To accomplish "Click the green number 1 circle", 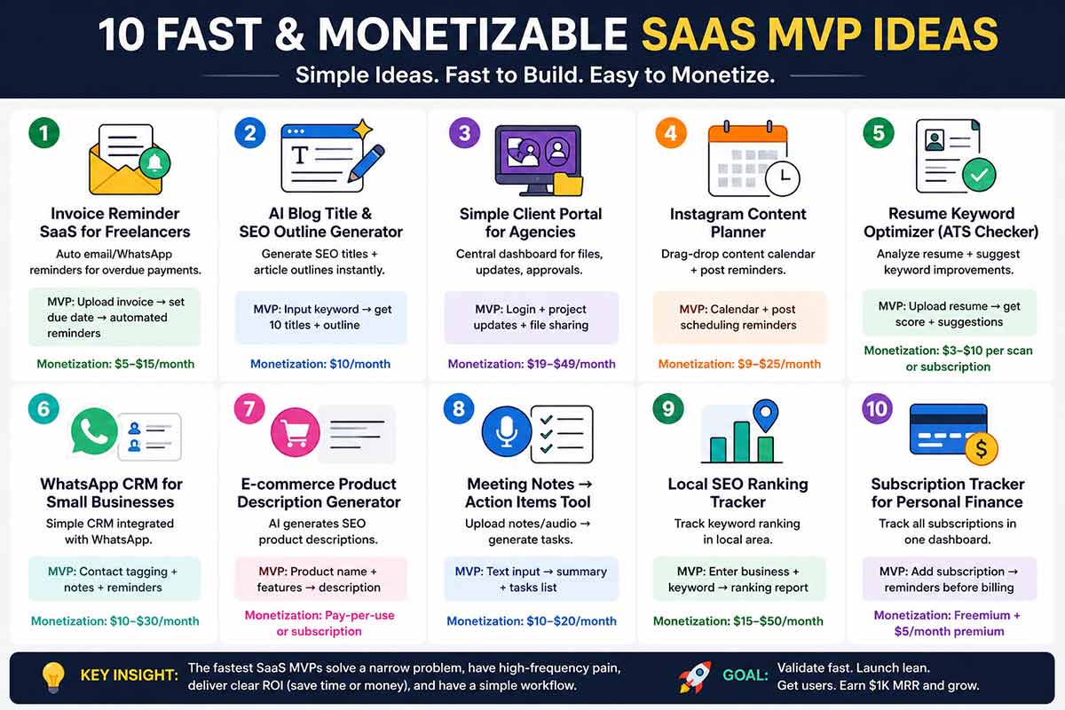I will click(43, 134).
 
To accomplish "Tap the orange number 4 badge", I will click(671, 134).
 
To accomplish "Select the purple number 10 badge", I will click(877, 408).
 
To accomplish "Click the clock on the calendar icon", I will click(781, 178).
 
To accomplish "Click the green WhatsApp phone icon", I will click(94, 430).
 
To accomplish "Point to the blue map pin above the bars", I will click(764, 414).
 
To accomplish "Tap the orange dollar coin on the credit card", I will click(981, 448).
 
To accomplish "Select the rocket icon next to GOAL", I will click(694, 676).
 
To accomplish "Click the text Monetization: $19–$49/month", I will click(531, 364).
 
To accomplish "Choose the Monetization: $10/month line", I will click(319, 364).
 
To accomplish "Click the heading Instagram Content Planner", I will click(738, 223).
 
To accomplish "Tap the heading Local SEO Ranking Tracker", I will click(738, 493).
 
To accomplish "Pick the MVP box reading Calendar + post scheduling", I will click(738, 317).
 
